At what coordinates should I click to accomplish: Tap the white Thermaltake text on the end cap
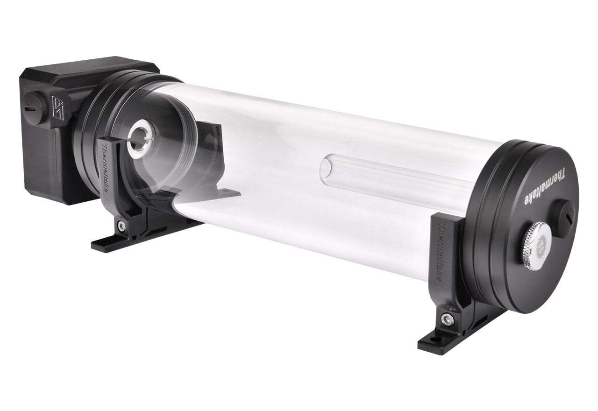click(542, 190)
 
